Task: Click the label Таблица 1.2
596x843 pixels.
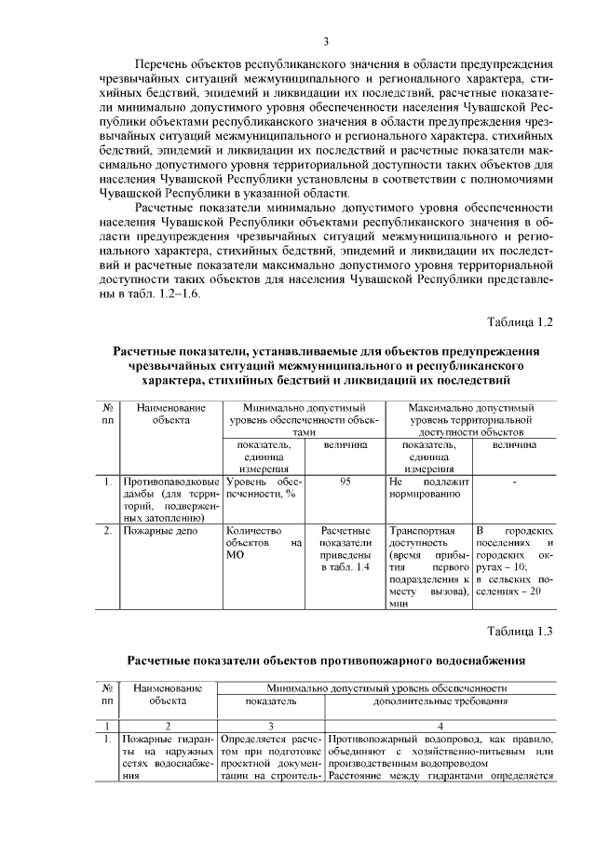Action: (521, 321)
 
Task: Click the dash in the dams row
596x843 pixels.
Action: (514, 482)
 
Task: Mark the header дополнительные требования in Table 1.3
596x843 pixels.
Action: (440, 700)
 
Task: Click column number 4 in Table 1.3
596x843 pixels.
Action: (440, 726)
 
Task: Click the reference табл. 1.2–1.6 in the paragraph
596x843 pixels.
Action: (158, 292)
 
